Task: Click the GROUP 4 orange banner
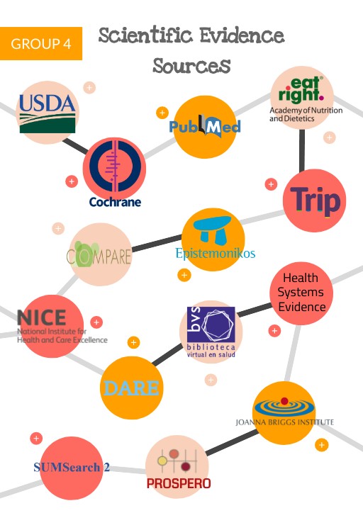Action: (41, 44)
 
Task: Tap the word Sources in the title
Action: (191, 66)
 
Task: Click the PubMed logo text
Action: (204, 127)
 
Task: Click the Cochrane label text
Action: (115, 202)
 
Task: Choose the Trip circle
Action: (314, 201)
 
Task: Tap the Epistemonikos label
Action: (215, 253)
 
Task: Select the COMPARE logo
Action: (100, 254)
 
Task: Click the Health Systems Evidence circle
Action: (301, 293)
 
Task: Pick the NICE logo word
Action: (42, 318)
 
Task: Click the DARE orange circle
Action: (132, 388)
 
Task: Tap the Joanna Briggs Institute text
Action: (284, 422)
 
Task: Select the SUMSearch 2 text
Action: (72, 468)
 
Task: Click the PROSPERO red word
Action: (178, 484)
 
